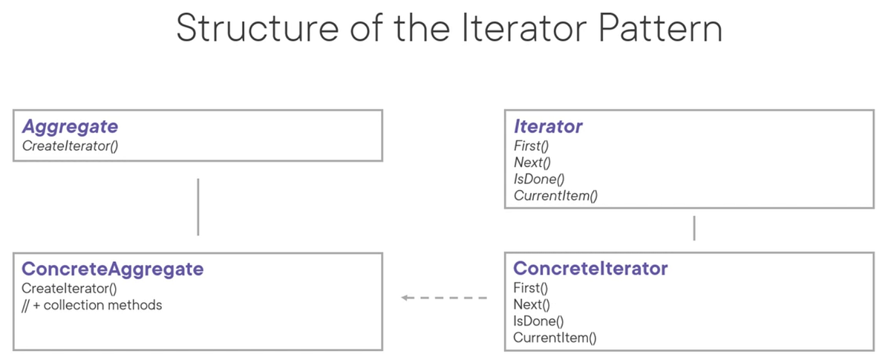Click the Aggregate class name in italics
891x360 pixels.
tap(70, 127)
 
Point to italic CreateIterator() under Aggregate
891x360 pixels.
tap(71, 145)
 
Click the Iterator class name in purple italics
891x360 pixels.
tap(548, 127)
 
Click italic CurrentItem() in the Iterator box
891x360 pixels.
tap(555, 196)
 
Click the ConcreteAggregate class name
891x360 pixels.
tap(113, 269)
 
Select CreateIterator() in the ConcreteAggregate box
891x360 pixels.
tap(70, 288)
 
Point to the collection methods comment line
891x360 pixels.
tap(92, 305)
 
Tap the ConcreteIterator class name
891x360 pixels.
tap(590, 269)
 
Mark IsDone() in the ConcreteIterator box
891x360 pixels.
tap(538, 321)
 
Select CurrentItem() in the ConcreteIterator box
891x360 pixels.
tap(555, 338)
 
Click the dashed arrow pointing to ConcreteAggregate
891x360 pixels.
tap(443, 298)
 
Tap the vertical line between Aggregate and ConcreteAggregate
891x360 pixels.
tap(198, 206)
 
